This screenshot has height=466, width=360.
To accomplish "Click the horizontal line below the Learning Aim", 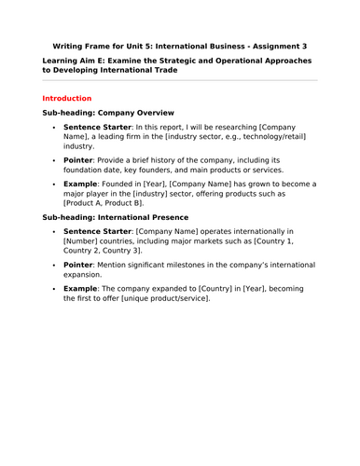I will coord(180,80).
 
